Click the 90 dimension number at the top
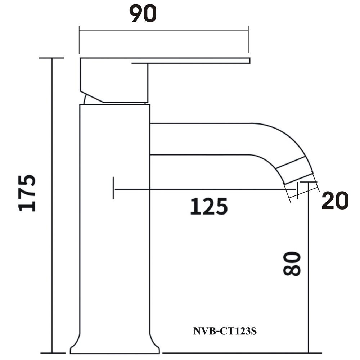coord(143,14)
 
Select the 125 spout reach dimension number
coord(209,207)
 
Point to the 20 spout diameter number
coord(335,201)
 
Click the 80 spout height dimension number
coord(292,264)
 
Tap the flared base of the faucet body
coord(114,346)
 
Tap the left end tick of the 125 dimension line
coord(113,188)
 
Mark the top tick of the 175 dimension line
coord(51,58)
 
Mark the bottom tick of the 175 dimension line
coord(51,353)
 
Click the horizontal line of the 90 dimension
coord(164,31)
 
